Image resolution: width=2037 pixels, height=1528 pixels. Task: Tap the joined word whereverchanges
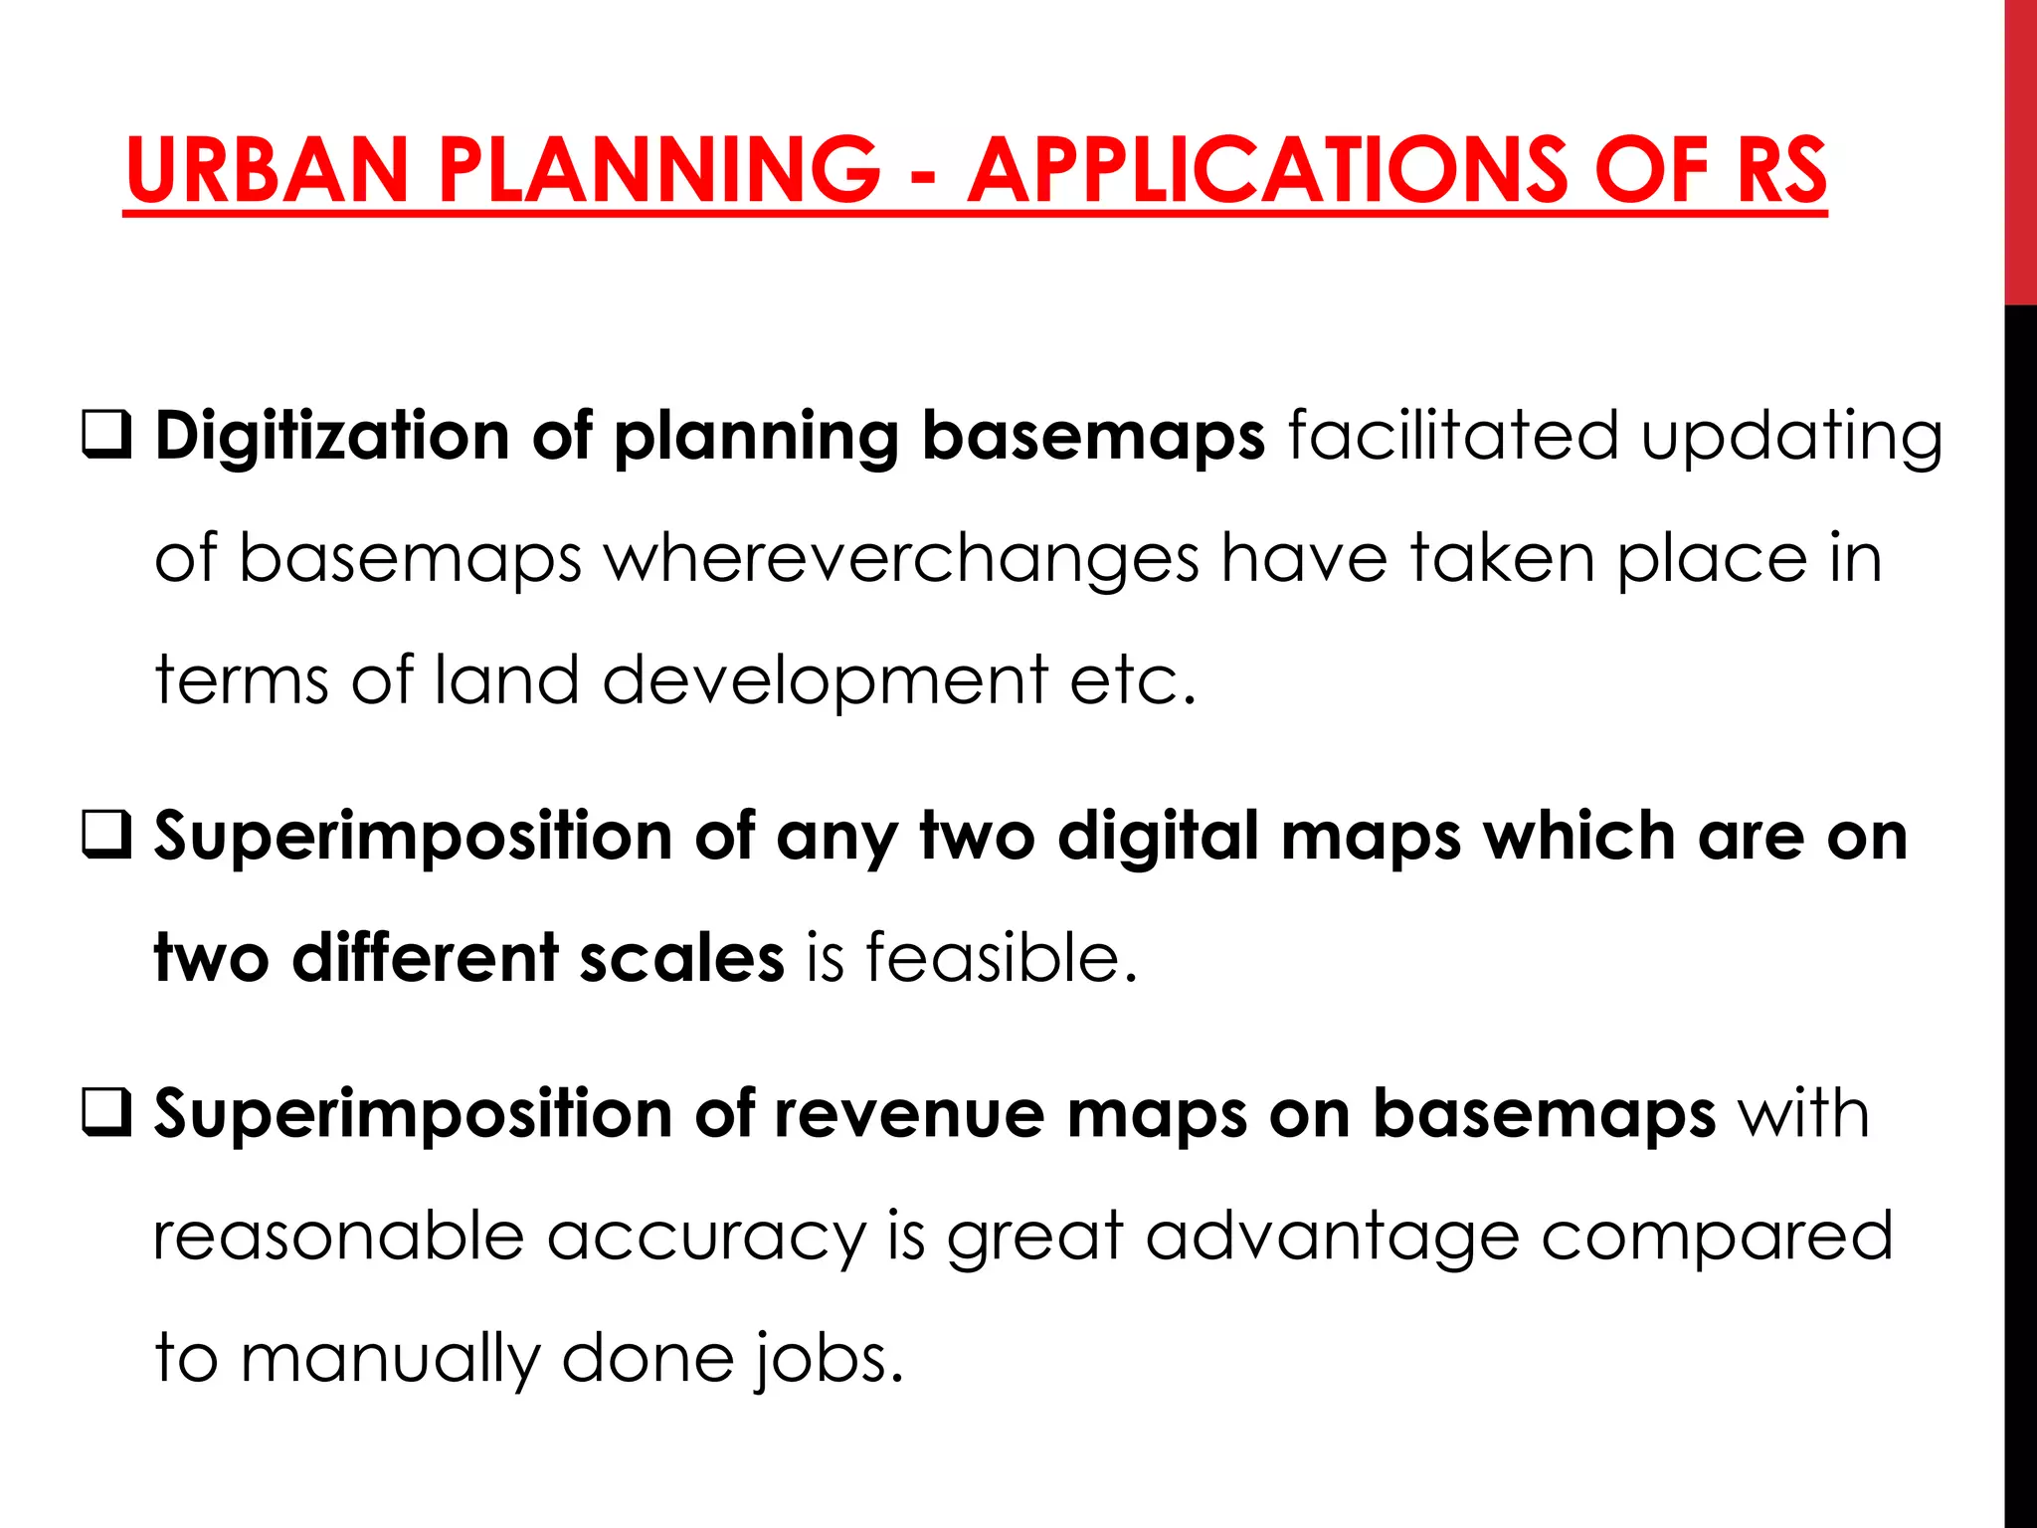[901, 559]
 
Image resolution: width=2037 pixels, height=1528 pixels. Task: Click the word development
[825, 682]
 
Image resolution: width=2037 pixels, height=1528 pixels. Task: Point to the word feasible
[1001, 958]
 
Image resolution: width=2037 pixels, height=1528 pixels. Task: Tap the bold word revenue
[909, 1113]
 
